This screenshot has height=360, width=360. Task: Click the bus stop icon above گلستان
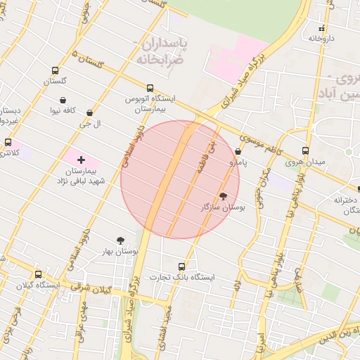click(55, 70)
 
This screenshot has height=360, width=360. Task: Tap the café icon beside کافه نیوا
click(64, 100)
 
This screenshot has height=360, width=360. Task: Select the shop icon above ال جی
click(89, 112)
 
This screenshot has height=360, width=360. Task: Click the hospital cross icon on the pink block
click(81, 160)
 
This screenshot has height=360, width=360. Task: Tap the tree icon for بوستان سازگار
click(223, 197)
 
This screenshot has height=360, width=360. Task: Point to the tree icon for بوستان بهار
click(121, 240)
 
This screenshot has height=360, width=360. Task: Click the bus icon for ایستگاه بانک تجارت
click(182, 266)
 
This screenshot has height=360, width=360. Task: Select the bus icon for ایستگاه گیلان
click(38, 274)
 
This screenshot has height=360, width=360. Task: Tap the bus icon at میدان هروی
click(305, 150)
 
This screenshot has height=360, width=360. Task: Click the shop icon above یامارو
click(238, 151)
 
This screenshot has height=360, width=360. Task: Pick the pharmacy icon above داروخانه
click(322, 29)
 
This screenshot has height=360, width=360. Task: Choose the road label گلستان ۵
click(88, 59)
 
